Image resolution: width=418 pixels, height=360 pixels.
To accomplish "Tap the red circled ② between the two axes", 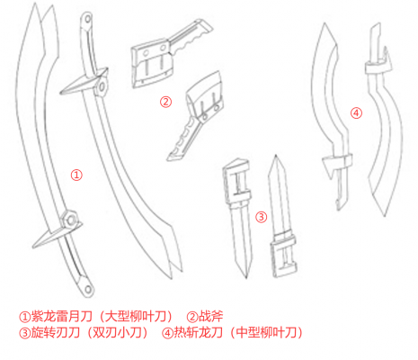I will tap(165, 102).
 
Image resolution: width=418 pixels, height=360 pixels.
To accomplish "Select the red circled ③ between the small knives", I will tap(261, 217).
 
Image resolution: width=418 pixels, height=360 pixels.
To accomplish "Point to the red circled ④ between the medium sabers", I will tap(356, 112).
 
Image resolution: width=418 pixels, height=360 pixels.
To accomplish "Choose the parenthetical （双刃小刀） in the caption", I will tap(115, 333).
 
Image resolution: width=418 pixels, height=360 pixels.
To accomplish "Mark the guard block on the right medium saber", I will tap(374, 64).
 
